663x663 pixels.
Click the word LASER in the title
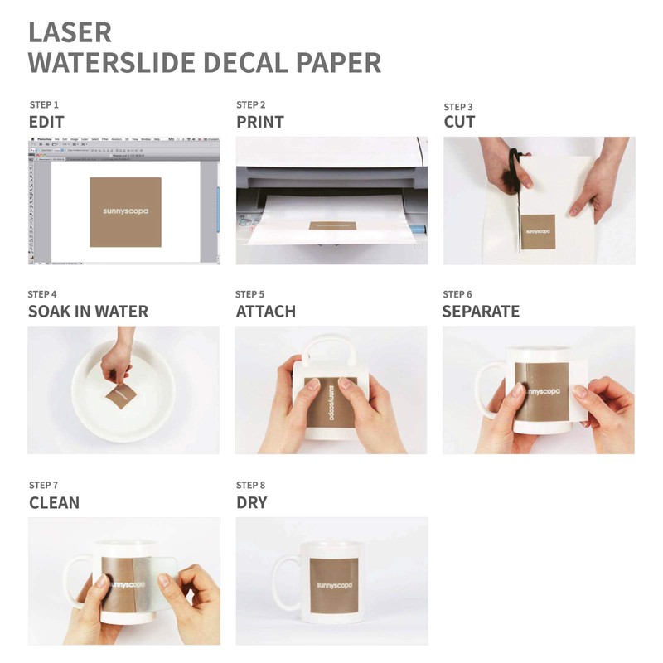pyautogui.click(x=70, y=31)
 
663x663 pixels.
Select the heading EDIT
pyautogui.click(x=46, y=122)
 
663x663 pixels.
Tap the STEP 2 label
pyautogui.click(x=251, y=105)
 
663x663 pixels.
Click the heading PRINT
pyautogui.click(x=260, y=122)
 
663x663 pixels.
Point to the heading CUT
pyautogui.click(x=459, y=123)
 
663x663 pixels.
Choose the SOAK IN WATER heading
pyautogui.click(x=88, y=312)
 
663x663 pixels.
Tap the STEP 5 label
pyautogui.click(x=250, y=294)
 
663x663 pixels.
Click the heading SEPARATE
pyautogui.click(x=481, y=312)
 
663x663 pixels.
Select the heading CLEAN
pyautogui.click(x=55, y=502)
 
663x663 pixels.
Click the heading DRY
pyautogui.click(x=252, y=502)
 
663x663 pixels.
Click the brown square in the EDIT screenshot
pyautogui.click(x=125, y=211)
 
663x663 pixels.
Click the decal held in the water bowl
pyautogui.click(x=119, y=398)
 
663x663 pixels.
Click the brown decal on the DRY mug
pyautogui.click(x=335, y=585)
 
